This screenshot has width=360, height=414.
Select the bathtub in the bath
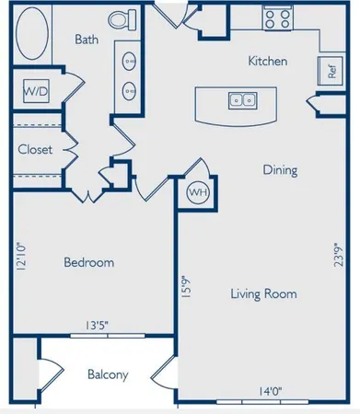[38, 28]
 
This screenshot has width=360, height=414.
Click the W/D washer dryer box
[35, 93]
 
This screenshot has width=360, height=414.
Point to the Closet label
[34, 149]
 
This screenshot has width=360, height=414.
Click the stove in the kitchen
[276, 18]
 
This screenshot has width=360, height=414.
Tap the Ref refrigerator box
[330, 70]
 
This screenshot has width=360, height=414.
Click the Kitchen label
[269, 62]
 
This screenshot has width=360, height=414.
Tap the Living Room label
[263, 294]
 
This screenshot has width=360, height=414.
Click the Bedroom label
[88, 263]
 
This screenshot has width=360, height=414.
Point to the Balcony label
[108, 375]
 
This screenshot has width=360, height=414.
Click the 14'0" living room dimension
[270, 392]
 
